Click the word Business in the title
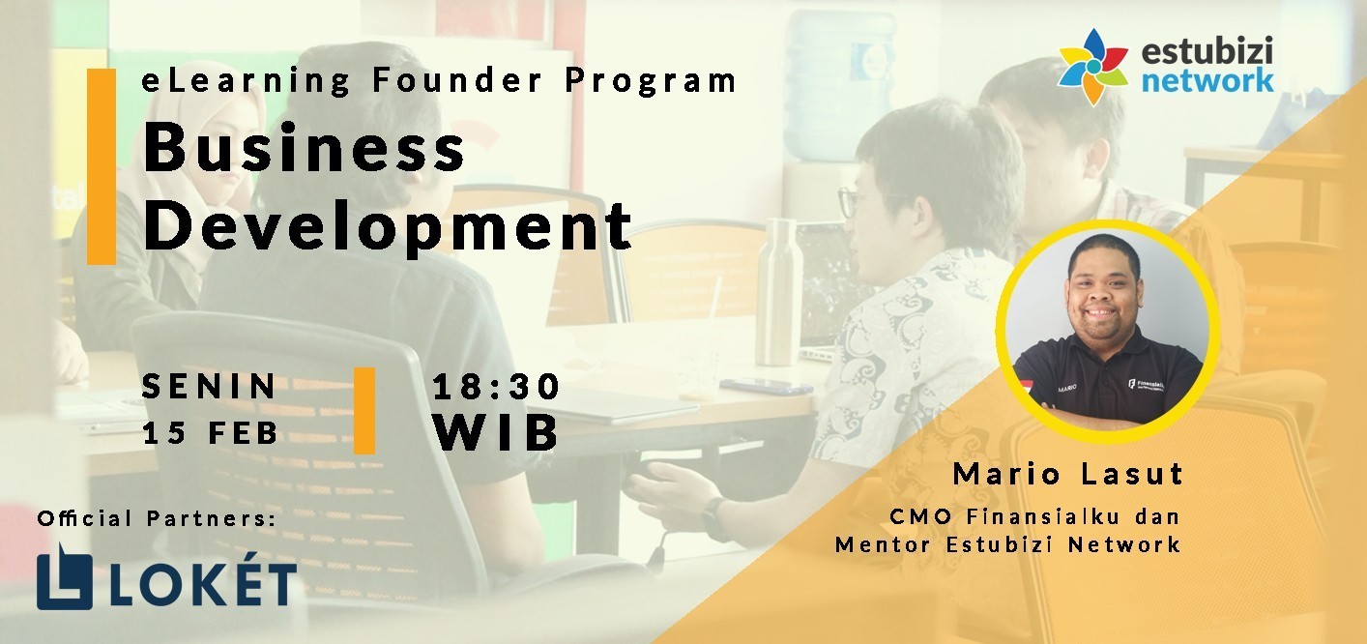304,147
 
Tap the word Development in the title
387,226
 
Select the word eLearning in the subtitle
246,81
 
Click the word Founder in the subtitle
457,80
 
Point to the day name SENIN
210,386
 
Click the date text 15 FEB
211,433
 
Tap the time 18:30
496,387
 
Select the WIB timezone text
496,432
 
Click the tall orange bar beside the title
102,166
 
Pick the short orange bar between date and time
364,411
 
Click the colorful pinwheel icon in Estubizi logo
1093,67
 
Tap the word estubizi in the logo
1207,50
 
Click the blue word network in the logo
1207,80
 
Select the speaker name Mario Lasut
1068,474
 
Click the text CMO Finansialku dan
1034,516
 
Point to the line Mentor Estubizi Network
1007,543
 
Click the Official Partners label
157,518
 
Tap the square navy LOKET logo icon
65,577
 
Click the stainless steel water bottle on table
778,292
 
